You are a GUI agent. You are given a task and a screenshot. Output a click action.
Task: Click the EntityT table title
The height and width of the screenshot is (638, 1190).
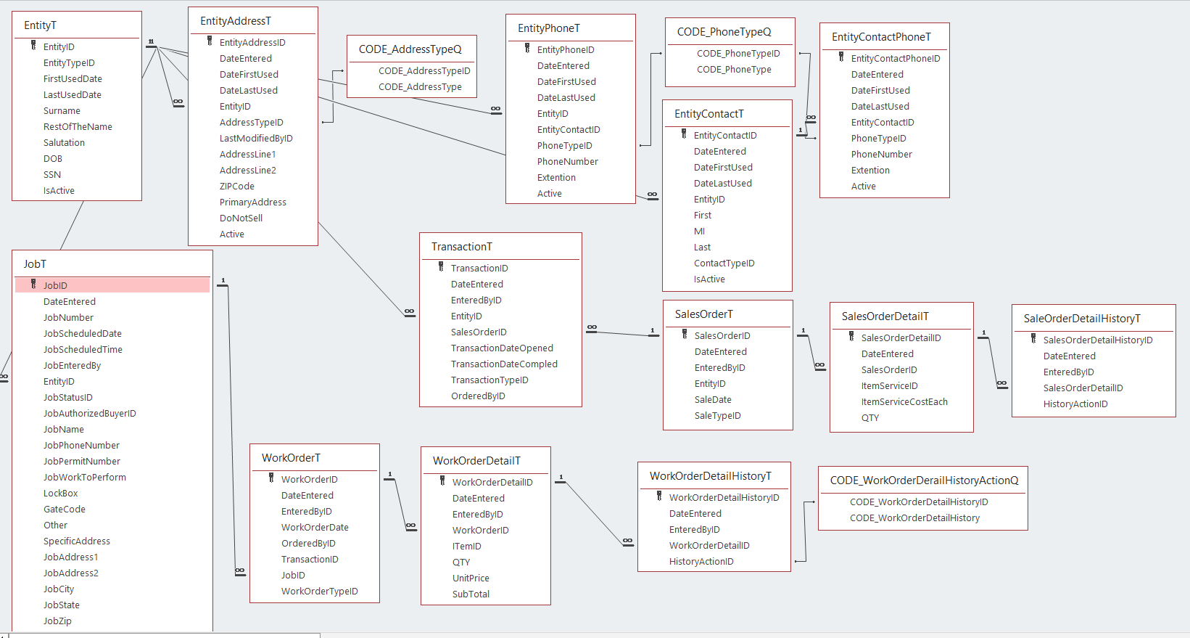pyautogui.click(x=40, y=25)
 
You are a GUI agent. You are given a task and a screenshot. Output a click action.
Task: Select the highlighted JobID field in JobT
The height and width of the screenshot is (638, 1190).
pyautogui.click(x=55, y=285)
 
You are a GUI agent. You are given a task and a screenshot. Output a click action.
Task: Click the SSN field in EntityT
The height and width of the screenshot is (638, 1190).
pyautogui.click(x=52, y=174)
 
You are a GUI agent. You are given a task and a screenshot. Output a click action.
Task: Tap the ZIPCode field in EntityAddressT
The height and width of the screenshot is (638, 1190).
pyautogui.click(x=237, y=186)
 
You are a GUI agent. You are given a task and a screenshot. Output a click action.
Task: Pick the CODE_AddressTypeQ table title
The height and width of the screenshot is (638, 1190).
pyautogui.click(x=410, y=49)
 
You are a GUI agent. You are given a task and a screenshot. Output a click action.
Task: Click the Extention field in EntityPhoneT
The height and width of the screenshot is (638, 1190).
pyautogui.click(x=556, y=177)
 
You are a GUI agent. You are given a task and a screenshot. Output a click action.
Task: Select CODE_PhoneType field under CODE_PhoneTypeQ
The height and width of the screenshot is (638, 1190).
pyautogui.click(x=734, y=69)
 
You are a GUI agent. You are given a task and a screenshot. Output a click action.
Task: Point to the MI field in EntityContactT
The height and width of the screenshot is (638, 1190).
pyautogui.click(x=699, y=231)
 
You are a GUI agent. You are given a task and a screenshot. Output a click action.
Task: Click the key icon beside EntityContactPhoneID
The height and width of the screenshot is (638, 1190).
pyautogui.click(x=841, y=57)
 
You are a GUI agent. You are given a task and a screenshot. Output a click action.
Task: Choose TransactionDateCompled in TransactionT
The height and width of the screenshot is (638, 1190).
pyautogui.click(x=504, y=364)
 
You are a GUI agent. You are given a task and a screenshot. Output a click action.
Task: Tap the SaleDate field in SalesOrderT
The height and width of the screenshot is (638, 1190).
pyautogui.click(x=713, y=399)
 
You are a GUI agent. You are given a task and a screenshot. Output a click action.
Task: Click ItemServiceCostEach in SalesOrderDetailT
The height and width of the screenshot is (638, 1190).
pyautogui.click(x=904, y=401)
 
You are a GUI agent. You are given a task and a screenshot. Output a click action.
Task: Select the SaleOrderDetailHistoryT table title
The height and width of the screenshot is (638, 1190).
pyautogui.click(x=1081, y=319)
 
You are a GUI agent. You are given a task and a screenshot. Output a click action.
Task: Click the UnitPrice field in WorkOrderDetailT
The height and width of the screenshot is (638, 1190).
pyautogui.click(x=471, y=578)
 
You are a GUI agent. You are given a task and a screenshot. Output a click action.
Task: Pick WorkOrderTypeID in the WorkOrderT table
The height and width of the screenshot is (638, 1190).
pyautogui.click(x=319, y=591)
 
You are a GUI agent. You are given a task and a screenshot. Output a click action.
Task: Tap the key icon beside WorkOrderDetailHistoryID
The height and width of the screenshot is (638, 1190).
pyautogui.click(x=659, y=496)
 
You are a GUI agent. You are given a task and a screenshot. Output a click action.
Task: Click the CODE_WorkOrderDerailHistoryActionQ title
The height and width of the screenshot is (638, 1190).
pyautogui.click(x=924, y=480)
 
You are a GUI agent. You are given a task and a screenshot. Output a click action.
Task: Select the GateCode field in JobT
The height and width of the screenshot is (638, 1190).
pyautogui.click(x=65, y=509)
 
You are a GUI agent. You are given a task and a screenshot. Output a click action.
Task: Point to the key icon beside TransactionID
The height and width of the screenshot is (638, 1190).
pyautogui.click(x=441, y=266)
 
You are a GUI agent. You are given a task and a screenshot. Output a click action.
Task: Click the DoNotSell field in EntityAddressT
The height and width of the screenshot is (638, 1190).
pyautogui.click(x=241, y=218)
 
